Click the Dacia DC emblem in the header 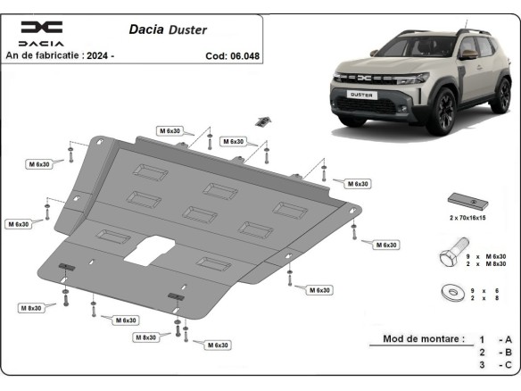point(42,27)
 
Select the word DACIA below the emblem point(42,43)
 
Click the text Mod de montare point(423,339)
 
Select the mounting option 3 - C point(495,365)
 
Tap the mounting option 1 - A point(495,340)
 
